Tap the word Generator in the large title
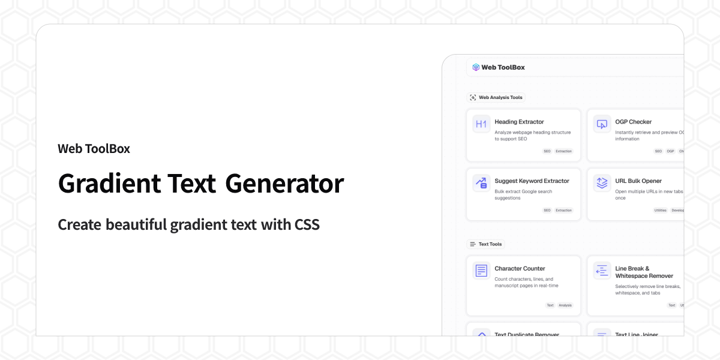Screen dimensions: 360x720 pos(284,183)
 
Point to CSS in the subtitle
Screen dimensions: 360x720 pos(307,225)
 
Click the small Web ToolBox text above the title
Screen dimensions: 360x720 pos(94,148)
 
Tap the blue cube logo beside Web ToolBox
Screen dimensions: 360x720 pos(476,67)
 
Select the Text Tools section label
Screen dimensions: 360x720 pos(490,244)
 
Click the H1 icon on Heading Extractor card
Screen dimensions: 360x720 pos(481,124)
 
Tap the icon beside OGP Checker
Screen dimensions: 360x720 pos(602,124)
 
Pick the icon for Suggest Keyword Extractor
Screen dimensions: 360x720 pos(481,183)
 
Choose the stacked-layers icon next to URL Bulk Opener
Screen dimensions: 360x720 pos(602,183)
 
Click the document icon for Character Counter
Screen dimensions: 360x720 pos(481,271)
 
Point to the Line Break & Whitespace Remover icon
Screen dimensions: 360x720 pos(602,271)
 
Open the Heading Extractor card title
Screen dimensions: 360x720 pos(519,122)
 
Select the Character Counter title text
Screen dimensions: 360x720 pos(520,268)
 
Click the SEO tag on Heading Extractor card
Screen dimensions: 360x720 pos(547,151)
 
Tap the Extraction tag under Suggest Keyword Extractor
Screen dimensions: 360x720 pos(563,211)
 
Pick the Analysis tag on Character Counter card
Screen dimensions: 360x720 pos(565,305)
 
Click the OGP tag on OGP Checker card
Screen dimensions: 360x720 pos(670,151)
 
